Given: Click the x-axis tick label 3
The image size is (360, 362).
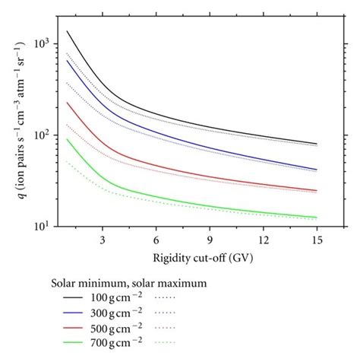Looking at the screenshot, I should (x=103, y=240).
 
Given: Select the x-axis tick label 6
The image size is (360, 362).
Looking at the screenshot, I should (x=156, y=240).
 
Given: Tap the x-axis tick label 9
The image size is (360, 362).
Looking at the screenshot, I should (x=210, y=240).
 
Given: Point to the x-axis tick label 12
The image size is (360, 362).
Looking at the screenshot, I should (x=263, y=240).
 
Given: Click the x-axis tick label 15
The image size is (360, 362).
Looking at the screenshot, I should (x=316, y=240).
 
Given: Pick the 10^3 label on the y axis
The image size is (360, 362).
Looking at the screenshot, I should (x=47, y=43).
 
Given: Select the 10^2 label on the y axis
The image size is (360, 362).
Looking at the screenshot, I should (x=47, y=135).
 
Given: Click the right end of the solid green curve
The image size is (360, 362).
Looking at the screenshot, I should (x=317, y=218).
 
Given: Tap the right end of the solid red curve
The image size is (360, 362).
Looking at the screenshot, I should (x=317, y=190).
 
